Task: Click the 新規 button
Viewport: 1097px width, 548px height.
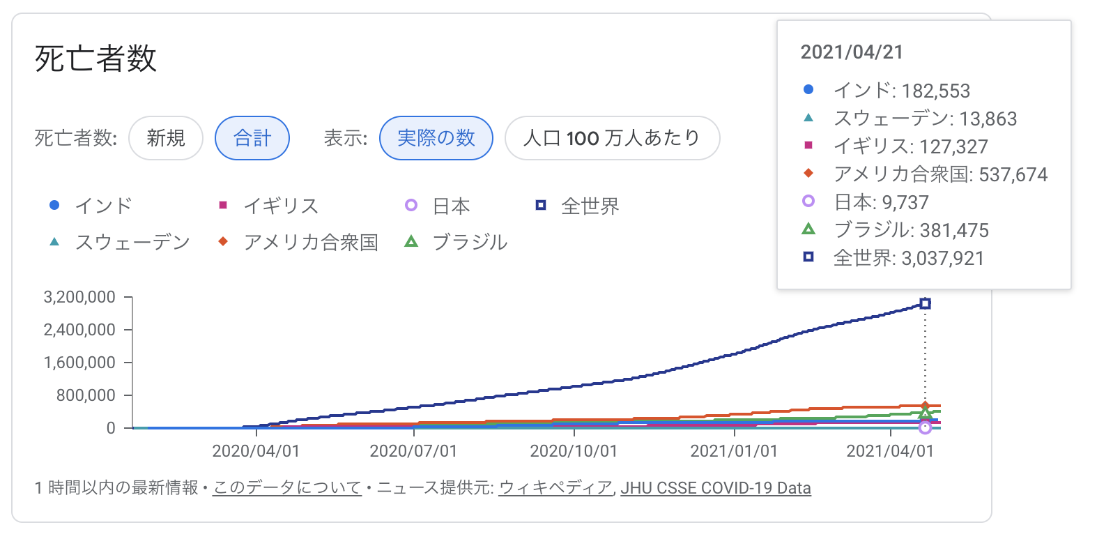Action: [x=166, y=138]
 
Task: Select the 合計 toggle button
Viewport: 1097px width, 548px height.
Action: [x=252, y=138]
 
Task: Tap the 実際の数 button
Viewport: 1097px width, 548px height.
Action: [x=436, y=138]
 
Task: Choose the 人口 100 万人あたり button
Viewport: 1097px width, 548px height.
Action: [x=612, y=138]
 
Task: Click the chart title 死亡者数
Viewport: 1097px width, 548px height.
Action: [x=95, y=59]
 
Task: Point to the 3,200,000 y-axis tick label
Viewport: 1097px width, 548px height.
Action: [x=79, y=297]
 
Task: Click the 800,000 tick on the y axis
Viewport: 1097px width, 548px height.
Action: [x=86, y=395]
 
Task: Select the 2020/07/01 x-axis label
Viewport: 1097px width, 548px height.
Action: [x=413, y=451]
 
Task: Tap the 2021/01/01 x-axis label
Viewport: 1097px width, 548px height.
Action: [x=734, y=451]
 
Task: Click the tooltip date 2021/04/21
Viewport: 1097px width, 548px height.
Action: [x=852, y=52]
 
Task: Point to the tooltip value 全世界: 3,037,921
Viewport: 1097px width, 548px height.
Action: [x=908, y=259]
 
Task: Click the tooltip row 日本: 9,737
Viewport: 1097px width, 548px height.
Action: [x=881, y=203]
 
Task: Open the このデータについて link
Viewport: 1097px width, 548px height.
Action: [x=287, y=488]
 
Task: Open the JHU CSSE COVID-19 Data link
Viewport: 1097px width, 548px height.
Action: [x=716, y=488]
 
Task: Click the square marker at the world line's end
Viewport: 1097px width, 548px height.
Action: [x=925, y=303]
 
